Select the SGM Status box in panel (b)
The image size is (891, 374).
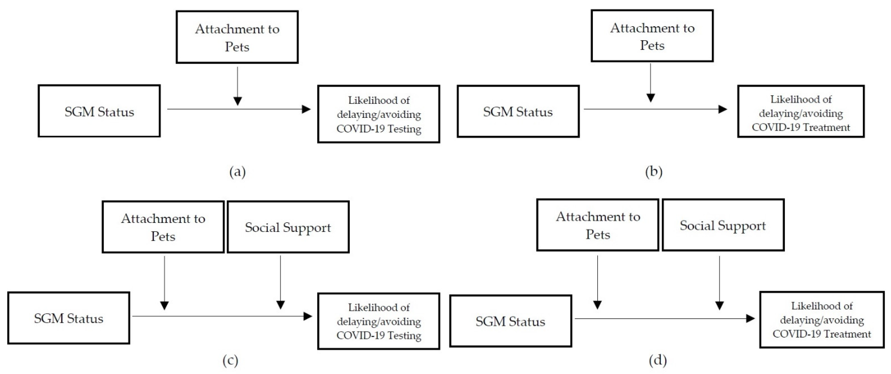pos(518,111)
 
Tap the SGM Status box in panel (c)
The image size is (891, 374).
pos(68,318)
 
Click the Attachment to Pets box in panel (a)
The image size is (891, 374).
pos(237,37)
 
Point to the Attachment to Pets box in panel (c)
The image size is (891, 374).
pos(163,227)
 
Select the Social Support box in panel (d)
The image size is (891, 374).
pos(723,225)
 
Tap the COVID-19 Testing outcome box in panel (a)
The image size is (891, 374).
pos(379,114)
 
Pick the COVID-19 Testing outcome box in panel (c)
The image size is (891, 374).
pos(379,321)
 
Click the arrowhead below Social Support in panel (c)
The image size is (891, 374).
pos(281,305)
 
